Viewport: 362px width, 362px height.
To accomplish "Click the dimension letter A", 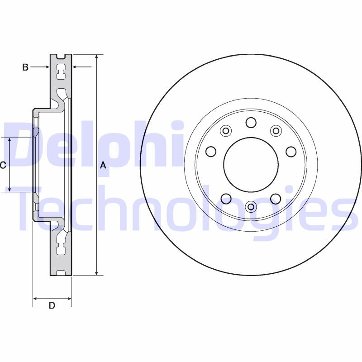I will click(x=103, y=166).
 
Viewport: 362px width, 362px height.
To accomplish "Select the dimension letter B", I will click(x=25, y=67).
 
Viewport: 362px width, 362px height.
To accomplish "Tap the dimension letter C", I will click(x=3, y=166).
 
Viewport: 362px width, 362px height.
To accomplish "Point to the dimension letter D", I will click(x=52, y=305).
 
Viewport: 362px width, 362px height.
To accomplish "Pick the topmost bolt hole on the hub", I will click(x=251, y=123).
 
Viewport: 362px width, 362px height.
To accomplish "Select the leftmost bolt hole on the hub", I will click(x=211, y=151).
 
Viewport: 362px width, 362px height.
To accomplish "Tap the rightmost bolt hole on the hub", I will click(x=291, y=151).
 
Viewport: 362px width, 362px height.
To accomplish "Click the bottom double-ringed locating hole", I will click(x=251, y=207).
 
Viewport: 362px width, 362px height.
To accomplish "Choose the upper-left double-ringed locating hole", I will click(x=225, y=131).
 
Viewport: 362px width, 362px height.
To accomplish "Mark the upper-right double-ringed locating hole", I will click(x=276, y=131).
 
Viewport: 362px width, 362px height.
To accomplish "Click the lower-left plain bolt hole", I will click(x=226, y=198).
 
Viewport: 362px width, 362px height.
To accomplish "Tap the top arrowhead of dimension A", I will click(x=96, y=57).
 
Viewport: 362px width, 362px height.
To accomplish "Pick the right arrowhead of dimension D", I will click(x=69, y=299).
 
